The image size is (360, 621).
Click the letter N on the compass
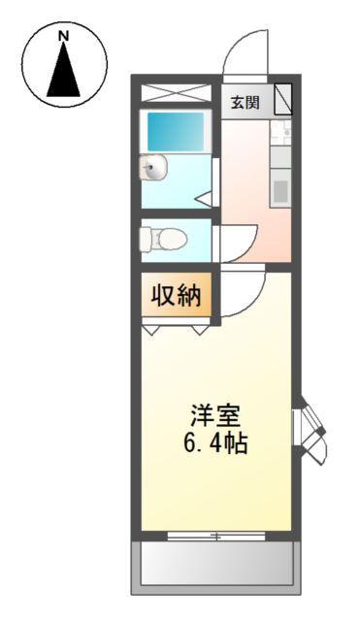coord(65,37)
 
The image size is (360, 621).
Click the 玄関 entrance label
coord(245,103)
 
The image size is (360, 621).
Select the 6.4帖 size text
coord(215,444)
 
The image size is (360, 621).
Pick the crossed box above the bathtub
coord(176,93)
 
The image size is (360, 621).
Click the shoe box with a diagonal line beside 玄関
coord(281,100)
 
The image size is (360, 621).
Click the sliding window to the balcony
coord(214,535)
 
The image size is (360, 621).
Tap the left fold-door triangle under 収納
coord(153,329)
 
